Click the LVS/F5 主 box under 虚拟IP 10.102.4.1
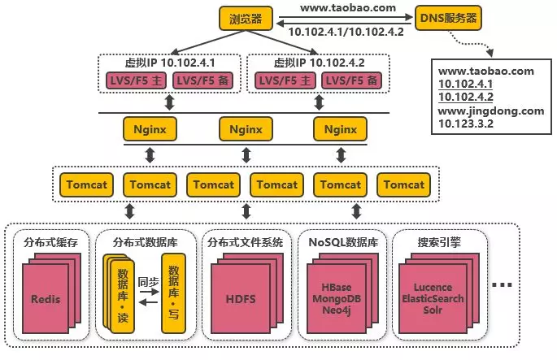135,80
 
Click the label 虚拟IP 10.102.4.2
318,62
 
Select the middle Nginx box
246,128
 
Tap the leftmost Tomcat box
85,184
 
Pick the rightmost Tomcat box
404,184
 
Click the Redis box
46,299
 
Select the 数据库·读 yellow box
121,292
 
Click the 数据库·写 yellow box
172,292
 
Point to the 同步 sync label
147,281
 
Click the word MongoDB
337,299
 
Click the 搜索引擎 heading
440,241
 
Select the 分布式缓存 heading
50,241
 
